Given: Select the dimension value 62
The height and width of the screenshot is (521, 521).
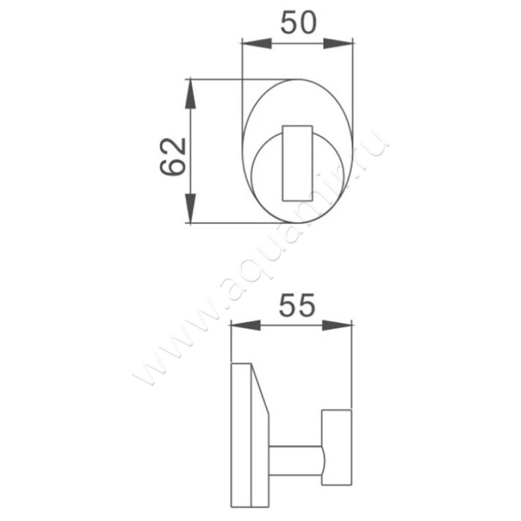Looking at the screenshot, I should (173, 156).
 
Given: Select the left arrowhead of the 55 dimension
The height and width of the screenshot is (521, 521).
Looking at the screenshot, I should (244, 325).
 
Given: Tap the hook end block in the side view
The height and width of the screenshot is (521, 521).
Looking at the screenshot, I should (337, 449).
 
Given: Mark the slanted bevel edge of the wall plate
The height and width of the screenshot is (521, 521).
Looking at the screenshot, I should (260, 391).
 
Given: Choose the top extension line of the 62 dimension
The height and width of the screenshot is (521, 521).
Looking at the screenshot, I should (215, 79).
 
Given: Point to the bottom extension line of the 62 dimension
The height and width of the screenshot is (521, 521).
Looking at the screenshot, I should (215, 223).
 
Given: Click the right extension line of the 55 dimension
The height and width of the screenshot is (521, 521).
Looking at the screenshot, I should (352, 365).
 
